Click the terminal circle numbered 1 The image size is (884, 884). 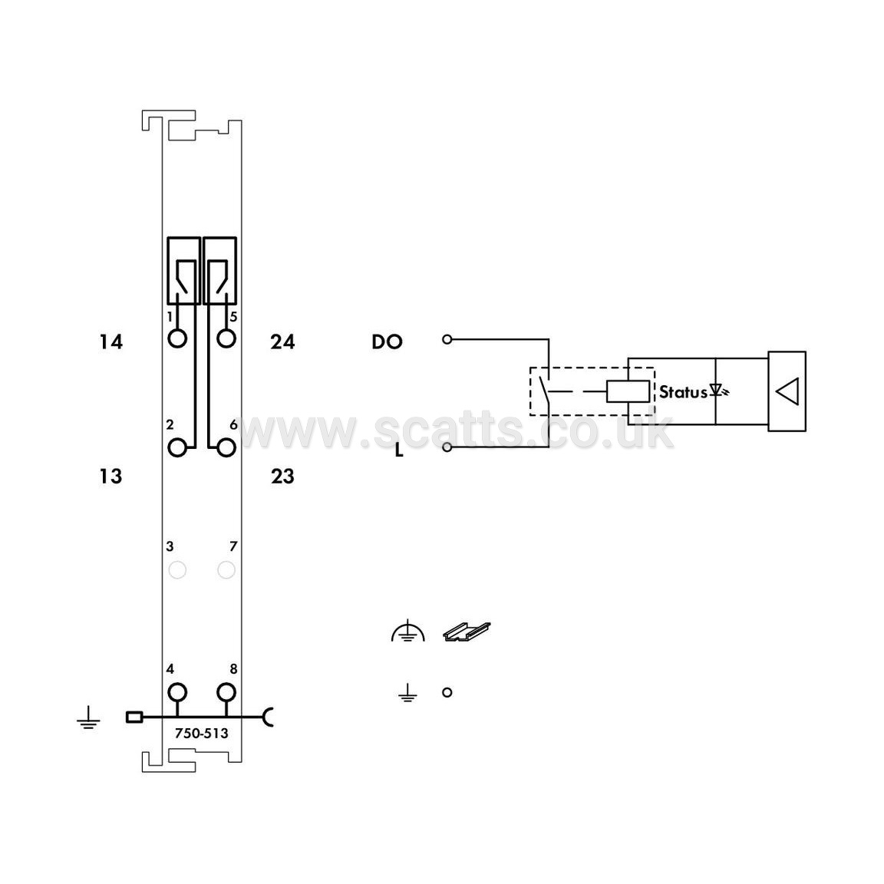pos(177,339)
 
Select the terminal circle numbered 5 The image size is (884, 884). pos(226,339)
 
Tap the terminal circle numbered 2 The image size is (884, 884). pos(177,447)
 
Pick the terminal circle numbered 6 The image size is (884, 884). pos(226,447)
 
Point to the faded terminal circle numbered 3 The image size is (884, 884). pos(177,570)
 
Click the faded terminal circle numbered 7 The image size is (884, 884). pos(226,570)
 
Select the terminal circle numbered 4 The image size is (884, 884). pos(177,692)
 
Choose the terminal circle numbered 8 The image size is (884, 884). pos(226,692)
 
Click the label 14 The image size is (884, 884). pos(111,341)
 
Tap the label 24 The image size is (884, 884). pos(282,341)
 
